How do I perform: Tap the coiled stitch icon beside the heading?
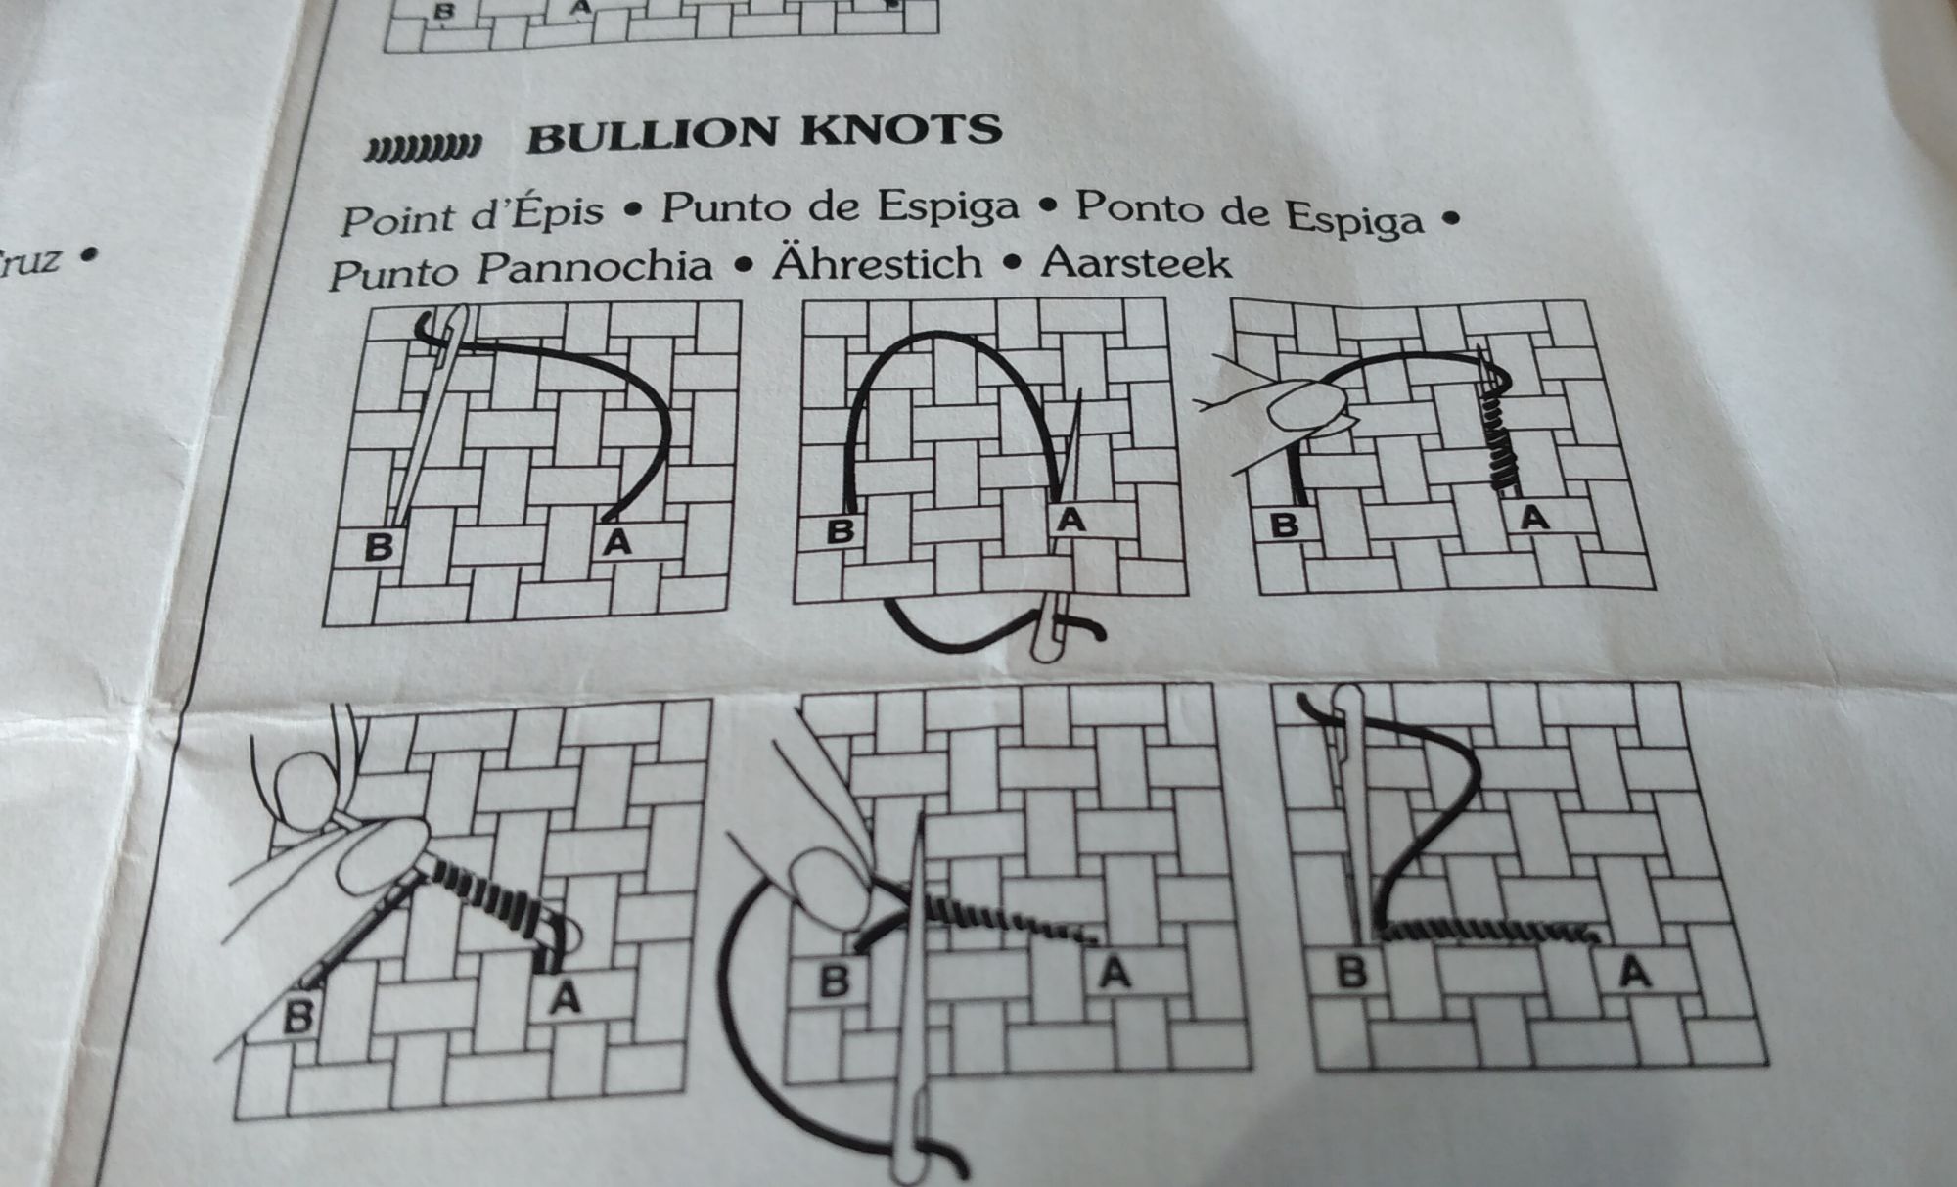click(423, 147)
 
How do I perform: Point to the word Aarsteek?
click(1136, 262)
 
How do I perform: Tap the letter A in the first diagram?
click(616, 541)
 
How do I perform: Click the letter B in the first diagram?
click(378, 546)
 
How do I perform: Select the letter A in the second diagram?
click(1071, 520)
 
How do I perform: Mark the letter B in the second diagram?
click(840, 531)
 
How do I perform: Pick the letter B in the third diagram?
click(1284, 525)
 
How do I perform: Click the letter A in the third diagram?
click(1534, 517)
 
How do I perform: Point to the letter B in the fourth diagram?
click(296, 1016)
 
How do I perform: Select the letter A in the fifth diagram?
click(1115, 973)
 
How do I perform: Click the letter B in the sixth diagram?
click(1351, 972)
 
